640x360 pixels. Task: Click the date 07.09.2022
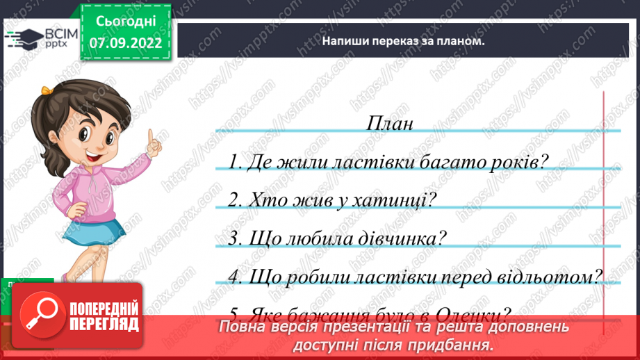click(x=126, y=43)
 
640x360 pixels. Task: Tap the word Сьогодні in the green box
click(x=126, y=21)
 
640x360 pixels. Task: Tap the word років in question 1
click(x=518, y=162)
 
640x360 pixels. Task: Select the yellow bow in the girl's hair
click(x=46, y=90)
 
